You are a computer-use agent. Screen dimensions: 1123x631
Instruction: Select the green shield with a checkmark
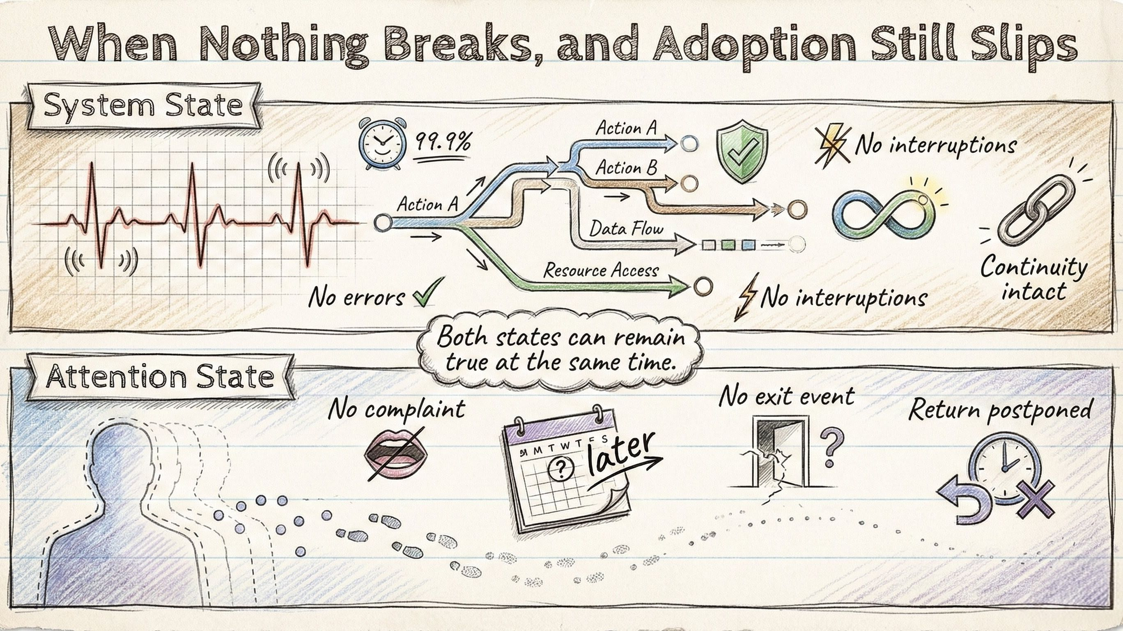(x=742, y=149)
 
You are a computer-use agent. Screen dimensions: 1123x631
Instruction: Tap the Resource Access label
(x=600, y=271)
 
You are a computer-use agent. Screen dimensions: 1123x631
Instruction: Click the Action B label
(x=626, y=168)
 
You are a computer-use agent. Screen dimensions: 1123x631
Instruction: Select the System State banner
(x=143, y=106)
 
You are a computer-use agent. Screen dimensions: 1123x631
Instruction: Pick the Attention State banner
(x=160, y=376)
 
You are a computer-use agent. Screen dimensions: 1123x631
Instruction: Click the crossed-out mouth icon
(x=395, y=454)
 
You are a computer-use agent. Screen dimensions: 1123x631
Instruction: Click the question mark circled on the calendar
(x=560, y=468)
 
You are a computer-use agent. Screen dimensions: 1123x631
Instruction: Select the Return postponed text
(x=1000, y=410)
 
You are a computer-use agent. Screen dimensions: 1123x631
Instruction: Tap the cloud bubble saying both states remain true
(x=560, y=349)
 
